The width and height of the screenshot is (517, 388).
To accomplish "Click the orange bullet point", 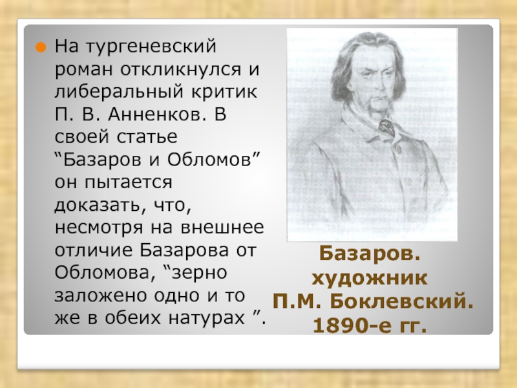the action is (x=40, y=47).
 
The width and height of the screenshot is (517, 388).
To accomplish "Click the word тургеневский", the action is (x=151, y=47).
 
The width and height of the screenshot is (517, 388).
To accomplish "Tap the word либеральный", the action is (x=118, y=92).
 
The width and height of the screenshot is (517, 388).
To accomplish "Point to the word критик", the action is (x=224, y=91).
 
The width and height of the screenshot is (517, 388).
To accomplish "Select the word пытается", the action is (x=128, y=183).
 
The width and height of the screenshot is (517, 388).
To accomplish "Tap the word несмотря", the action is (x=99, y=228).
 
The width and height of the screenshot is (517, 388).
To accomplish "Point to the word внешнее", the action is (x=222, y=228).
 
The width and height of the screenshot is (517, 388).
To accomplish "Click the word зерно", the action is (x=200, y=273).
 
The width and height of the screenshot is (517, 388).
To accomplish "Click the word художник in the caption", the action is (x=369, y=278).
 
